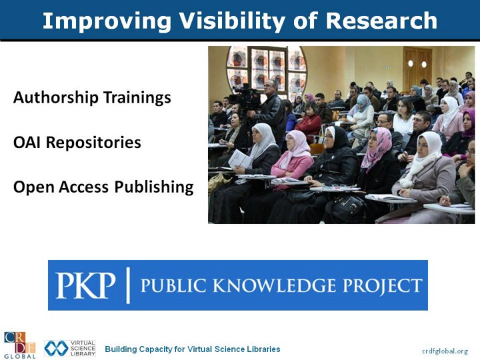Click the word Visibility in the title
click(232, 21)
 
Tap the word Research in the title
click(381, 21)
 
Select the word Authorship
click(56, 97)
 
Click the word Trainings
click(137, 97)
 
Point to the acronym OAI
click(27, 143)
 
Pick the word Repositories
click(93, 143)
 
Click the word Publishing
click(154, 187)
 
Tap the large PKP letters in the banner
click(85, 285)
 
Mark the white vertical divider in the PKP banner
click(128, 285)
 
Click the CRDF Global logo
click(20, 345)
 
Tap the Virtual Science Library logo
click(70, 349)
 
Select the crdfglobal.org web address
click(445, 351)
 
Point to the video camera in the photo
click(245, 97)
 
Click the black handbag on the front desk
click(349, 208)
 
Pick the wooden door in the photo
click(417, 68)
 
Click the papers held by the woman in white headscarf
click(241, 159)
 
